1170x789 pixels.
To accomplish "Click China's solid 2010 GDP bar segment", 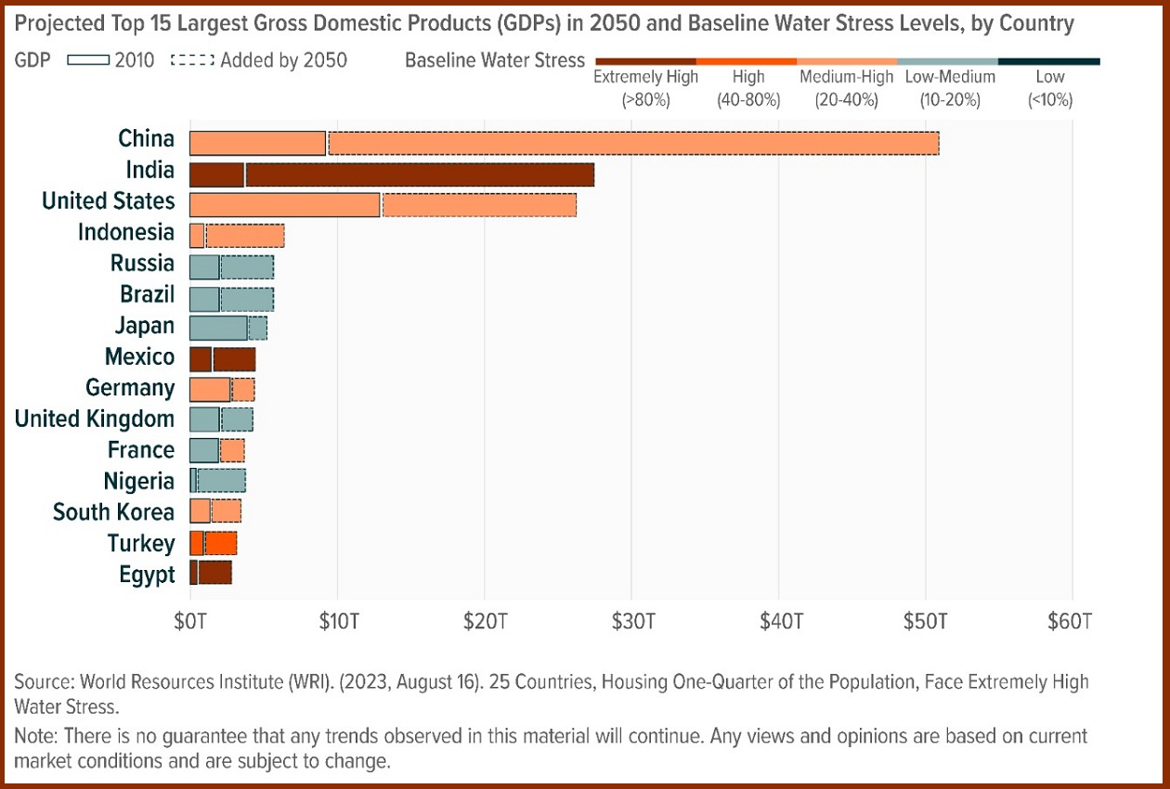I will pos(257,143).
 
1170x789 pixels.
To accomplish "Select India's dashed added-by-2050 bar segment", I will pos(420,175).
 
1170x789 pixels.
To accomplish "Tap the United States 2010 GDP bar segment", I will pos(284,205).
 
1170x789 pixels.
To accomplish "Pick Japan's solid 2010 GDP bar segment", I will pos(218,328).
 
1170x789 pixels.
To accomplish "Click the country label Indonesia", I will pos(125,232).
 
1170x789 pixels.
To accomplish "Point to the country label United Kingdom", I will pos(94,419).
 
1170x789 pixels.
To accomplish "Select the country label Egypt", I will pos(147,575).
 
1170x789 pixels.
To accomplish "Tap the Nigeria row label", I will pos(138,481).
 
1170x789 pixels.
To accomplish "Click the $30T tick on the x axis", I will pos(631,621).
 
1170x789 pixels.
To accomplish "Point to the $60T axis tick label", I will pos(1072,621).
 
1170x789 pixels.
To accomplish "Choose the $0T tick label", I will pos(189,621).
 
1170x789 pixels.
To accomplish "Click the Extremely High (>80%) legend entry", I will pos(645,87).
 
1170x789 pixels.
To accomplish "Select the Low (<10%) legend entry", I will pos(1049,87).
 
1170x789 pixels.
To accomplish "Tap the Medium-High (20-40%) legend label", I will pos(846,87).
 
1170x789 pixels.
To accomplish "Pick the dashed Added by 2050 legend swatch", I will pos(192,61).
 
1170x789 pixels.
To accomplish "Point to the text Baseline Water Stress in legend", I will pos(495,61).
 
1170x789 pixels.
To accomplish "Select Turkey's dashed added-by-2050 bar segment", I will pos(221,543).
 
